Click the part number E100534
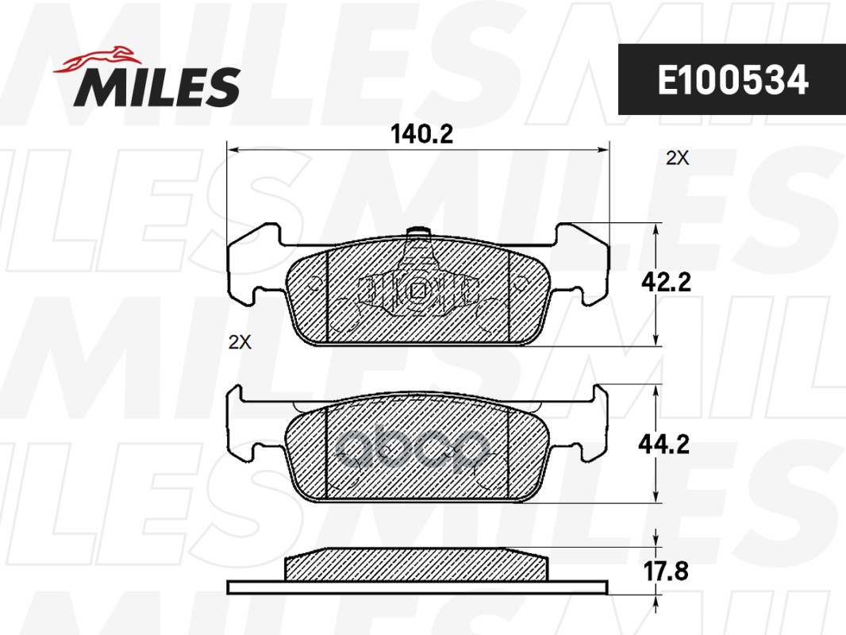(733, 80)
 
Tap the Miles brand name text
(157, 87)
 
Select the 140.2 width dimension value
(421, 134)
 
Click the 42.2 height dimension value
(666, 282)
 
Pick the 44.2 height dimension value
(663, 444)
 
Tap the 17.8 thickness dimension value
(666, 571)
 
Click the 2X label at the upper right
(677, 158)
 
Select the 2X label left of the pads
(240, 342)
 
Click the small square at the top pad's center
(418, 291)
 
